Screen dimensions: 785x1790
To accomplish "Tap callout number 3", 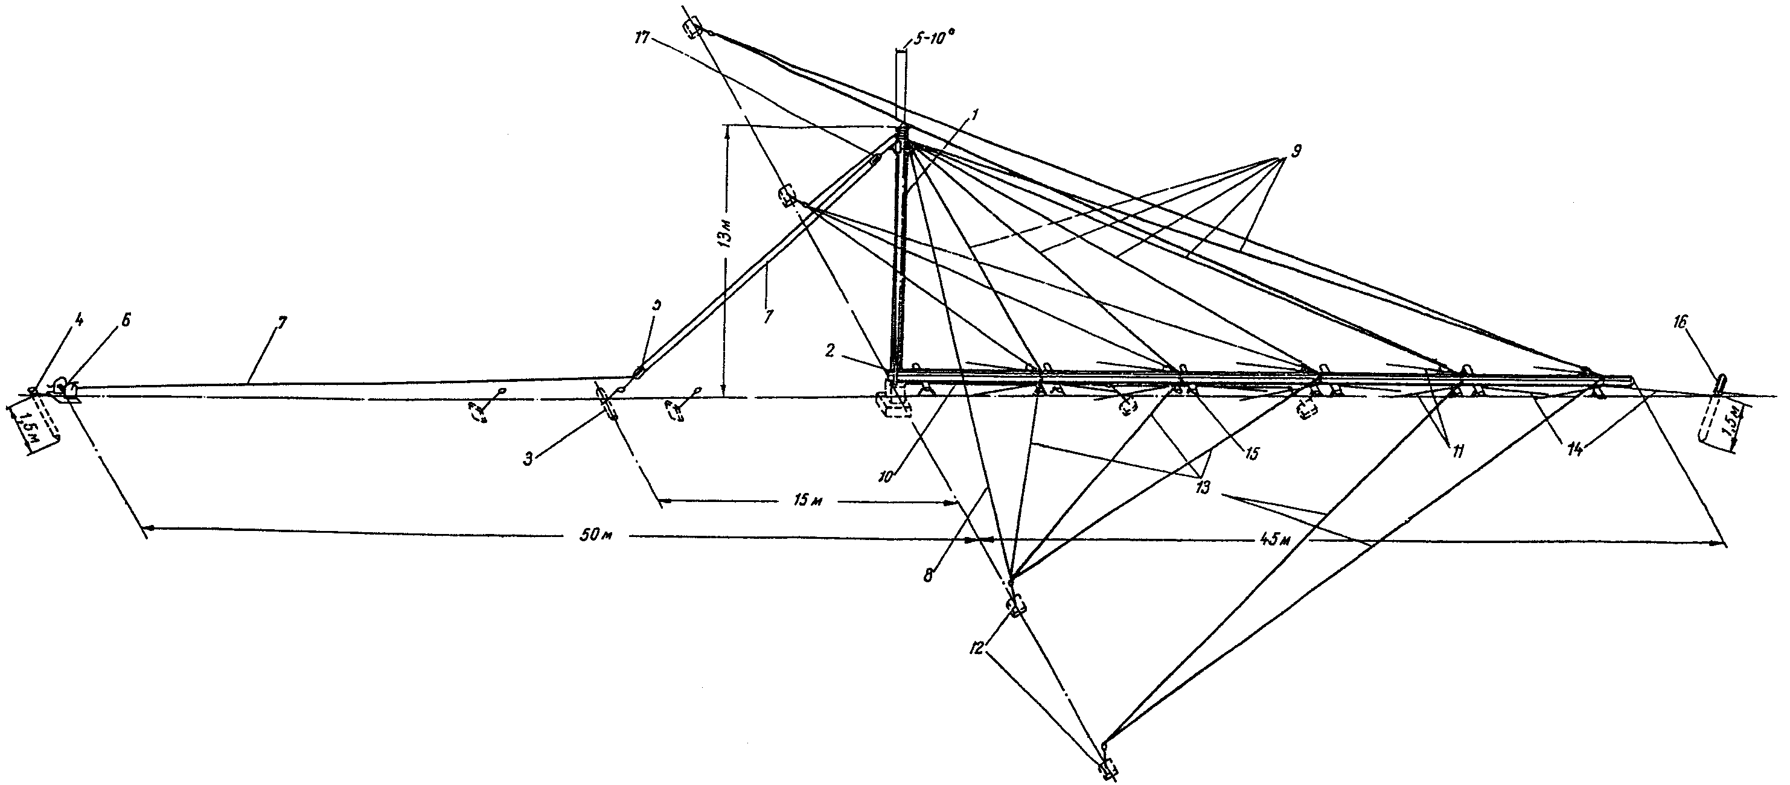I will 529,459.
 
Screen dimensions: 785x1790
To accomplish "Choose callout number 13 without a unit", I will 1202,487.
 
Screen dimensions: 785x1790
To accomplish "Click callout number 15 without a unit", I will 1251,453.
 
